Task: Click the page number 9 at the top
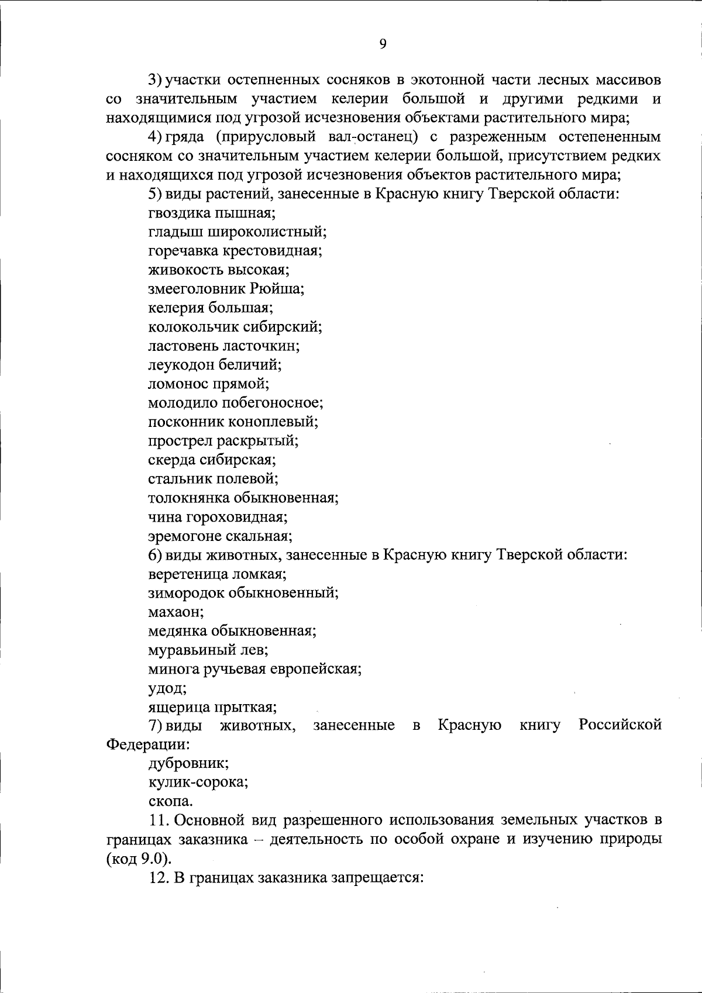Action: point(383,44)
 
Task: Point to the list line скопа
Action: point(170,801)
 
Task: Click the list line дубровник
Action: point(188,763)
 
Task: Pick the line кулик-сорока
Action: point(198,782)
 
